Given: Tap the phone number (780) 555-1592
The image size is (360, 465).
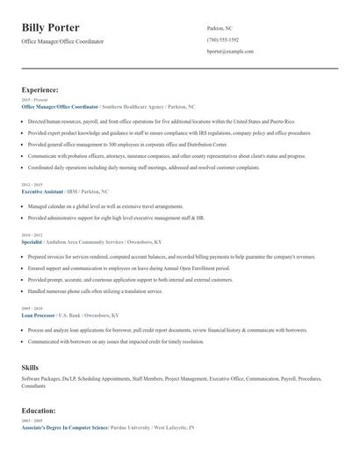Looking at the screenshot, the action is pos(223,40).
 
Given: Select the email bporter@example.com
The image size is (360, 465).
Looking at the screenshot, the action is pos(230,52).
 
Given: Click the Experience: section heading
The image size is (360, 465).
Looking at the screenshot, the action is pos(40,90).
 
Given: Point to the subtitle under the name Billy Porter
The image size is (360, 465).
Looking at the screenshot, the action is pos(62,41).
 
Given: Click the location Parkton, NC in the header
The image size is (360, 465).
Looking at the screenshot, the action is pos(220,28).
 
